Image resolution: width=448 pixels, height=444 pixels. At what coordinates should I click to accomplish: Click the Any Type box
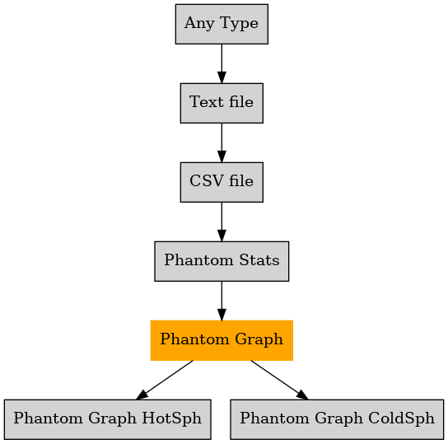click(x=222, y=24)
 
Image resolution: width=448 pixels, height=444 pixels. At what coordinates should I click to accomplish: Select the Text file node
click(x=222, y=103)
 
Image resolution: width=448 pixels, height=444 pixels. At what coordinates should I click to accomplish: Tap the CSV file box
click(x=222, y=182)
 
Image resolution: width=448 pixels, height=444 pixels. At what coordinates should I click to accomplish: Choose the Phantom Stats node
click(x=222, y=261)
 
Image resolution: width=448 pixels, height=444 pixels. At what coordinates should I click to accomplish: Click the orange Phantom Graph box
click(x=222, y=340)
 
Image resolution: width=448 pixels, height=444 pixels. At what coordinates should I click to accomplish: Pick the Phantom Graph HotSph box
click(x=108, y=419)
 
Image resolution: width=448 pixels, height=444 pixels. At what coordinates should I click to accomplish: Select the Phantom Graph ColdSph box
click(x=337, y=419)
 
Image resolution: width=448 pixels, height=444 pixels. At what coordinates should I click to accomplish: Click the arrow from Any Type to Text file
click(x=222, y=63)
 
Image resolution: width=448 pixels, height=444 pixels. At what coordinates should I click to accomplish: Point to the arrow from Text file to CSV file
click(x=222, y=143)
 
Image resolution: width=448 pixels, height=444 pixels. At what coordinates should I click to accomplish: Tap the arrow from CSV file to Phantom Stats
click(x=222, y=222)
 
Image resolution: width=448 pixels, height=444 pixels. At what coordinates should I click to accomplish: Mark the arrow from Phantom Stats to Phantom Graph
click(x=222, y=301)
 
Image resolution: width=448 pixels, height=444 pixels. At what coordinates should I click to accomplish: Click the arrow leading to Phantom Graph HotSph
click(x=165, y=380)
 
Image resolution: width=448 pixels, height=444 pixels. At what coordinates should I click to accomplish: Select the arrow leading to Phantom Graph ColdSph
click(x=279, y=380)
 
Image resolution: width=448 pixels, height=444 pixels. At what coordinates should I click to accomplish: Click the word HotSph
click(x=172, y=418)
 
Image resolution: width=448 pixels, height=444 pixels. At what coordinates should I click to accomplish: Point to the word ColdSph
click(x=401, y=418)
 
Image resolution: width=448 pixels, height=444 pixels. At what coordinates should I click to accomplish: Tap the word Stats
click(x=259, y=260)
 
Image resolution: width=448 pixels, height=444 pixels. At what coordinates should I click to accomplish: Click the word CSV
click(x=203, y=181)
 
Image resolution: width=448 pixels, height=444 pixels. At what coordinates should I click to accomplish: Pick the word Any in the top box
click(x=199, y=24)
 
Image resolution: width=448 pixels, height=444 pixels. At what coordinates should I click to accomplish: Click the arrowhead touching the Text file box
click(x=222, y=77)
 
